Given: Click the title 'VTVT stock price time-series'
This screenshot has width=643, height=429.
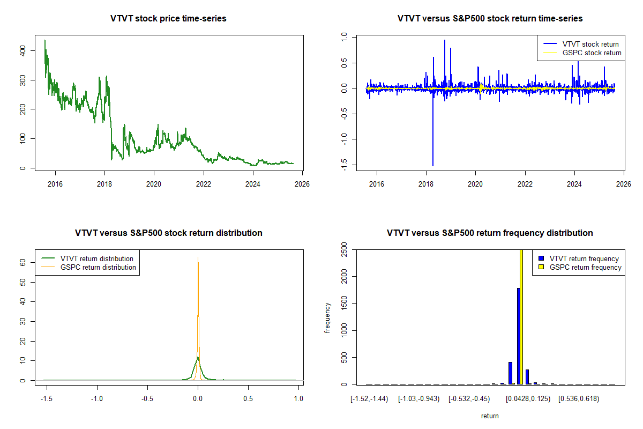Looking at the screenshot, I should (168, 19).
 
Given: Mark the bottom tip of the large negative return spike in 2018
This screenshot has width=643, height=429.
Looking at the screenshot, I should (433, 166).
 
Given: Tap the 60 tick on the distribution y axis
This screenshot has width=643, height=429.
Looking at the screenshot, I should (23, 262).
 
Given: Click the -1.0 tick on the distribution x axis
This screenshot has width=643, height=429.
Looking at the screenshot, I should (97, 398).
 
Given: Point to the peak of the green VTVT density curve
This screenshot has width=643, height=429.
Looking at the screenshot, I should (198, 357).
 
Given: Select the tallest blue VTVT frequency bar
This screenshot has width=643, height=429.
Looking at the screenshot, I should (518, 336).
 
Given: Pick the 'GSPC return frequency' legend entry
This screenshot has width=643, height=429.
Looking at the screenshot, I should (585, 267).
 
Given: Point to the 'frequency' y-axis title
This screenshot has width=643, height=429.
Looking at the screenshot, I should (327, 318).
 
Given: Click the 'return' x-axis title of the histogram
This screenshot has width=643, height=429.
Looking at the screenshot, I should (490, 416).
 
